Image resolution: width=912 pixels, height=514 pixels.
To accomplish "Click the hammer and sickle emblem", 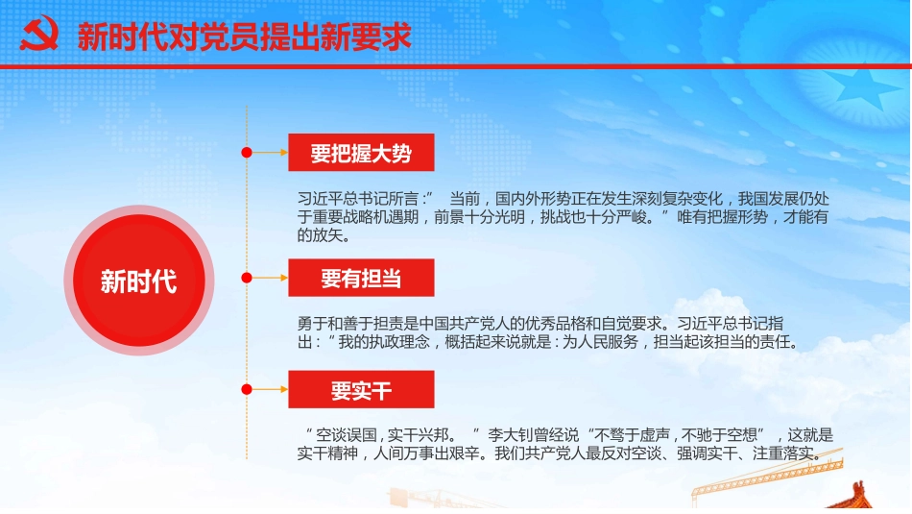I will click(x=38, y=36).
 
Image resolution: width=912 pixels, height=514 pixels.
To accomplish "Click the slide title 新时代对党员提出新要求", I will click(x=244, y=37).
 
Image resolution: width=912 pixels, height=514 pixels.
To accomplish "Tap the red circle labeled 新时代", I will click(x=139, y=281).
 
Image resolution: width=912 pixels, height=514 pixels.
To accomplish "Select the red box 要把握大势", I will click(x=361, y=153).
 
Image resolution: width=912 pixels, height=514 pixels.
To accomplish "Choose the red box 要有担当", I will click(x=361, y=278).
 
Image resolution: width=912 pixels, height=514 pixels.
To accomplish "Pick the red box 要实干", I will click(x=361, y=389).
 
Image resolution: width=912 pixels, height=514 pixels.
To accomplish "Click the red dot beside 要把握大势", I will click(x=247, y=153).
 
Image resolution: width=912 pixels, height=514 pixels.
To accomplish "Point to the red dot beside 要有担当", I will click(x=247, y=278).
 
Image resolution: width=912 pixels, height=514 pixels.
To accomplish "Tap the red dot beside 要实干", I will click(x=247, y=389).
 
